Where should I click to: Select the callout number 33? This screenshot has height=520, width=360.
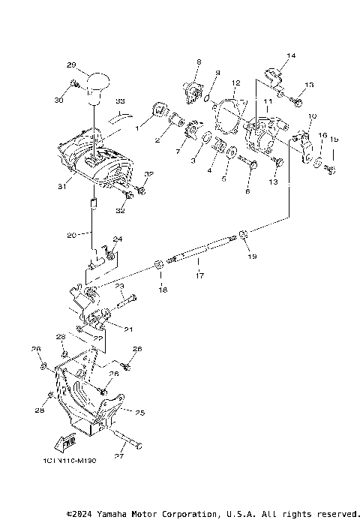tap(120, 100)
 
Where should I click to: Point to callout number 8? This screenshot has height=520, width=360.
tap(199, 62)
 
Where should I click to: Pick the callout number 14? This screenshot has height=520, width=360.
tap(292, 56)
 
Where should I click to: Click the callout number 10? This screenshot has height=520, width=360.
tap(313, 116)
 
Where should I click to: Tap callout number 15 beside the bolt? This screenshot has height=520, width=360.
tap(334, 139)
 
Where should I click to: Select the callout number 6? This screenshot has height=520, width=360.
tap(248, 191)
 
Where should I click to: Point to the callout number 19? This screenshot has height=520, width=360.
tap(251, 256)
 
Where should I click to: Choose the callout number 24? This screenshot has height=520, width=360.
tap(118, 240)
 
